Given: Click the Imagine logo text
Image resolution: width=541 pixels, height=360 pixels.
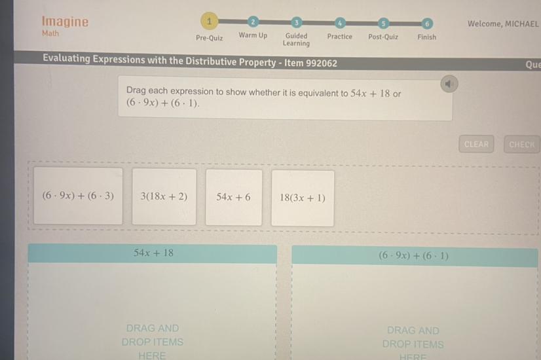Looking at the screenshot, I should coord(65,21).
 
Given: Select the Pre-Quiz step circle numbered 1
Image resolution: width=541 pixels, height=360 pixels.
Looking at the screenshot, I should coord(209,22).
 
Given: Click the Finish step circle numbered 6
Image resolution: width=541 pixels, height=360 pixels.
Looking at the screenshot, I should coord(426,24).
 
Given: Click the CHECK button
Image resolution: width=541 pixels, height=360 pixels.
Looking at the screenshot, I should coord(521,145).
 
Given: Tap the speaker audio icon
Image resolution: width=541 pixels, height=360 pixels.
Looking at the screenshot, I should coord(449,84).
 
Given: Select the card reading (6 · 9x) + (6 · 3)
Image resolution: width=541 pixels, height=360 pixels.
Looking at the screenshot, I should coord(78,196).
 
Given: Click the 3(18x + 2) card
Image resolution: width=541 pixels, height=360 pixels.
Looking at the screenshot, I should coord(164,196).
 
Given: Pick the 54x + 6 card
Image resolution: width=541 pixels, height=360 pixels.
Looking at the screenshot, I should coord(233,196).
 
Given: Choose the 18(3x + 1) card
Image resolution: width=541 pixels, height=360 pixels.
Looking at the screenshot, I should coord(302,198).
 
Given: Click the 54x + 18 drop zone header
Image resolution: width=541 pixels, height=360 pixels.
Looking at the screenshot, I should coord(153,253).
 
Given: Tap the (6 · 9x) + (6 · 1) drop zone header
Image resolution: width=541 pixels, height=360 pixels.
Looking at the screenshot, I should coord(414,256).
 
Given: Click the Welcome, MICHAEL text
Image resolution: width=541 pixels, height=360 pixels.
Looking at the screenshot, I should coord(503,24).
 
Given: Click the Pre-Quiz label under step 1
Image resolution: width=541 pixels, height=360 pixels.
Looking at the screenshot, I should coord(209,38).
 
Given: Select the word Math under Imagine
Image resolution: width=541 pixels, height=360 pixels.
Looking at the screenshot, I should coord(50,33).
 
